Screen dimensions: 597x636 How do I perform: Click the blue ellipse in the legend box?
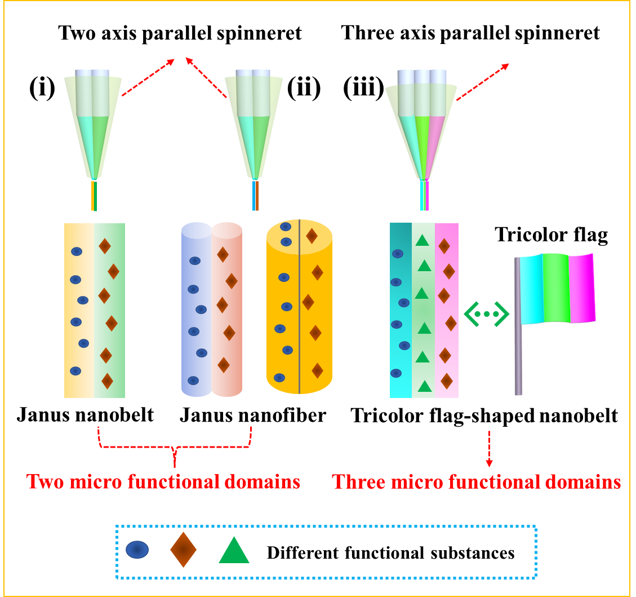pos(137,550)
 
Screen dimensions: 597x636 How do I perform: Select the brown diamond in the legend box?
pos(183,550)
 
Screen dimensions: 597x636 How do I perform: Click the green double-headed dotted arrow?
pos(486,314)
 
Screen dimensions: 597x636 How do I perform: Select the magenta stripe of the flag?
pos(582,288)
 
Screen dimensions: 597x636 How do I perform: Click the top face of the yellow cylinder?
pos(299,233)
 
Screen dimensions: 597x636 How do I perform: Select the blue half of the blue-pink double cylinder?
pos(196,310)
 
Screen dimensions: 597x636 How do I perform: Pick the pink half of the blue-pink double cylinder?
pos(227,310)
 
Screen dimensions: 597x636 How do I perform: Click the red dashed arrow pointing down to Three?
pos(489,449)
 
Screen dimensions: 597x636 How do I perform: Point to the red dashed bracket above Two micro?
pos(175,445)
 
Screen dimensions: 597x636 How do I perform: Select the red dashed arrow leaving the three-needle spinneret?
pos(482,82)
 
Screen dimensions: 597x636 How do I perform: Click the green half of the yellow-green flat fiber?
pos(110,310)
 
